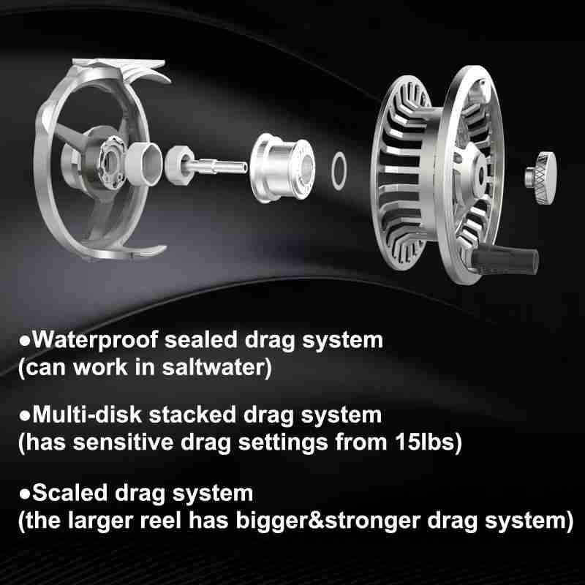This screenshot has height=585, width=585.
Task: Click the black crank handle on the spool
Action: (x=505, y=258)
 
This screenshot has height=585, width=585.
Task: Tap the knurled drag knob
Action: (x=541, y=178)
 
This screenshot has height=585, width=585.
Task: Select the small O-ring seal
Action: (x=339, y=171)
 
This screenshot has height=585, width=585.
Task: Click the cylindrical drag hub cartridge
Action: (x=282, y=168)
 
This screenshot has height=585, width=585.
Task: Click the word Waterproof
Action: (x=95, y=341)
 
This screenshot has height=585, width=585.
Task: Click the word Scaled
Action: (x=70, y=493)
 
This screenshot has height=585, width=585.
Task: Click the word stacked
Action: (x=192, y=415)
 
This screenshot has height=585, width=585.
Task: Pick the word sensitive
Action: (x=123, y=442)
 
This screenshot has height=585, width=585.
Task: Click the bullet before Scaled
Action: (x=25, y=494)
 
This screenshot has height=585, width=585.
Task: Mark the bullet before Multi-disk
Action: (x=25, y=416)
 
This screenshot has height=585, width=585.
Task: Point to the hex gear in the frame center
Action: (x=112, y=162)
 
